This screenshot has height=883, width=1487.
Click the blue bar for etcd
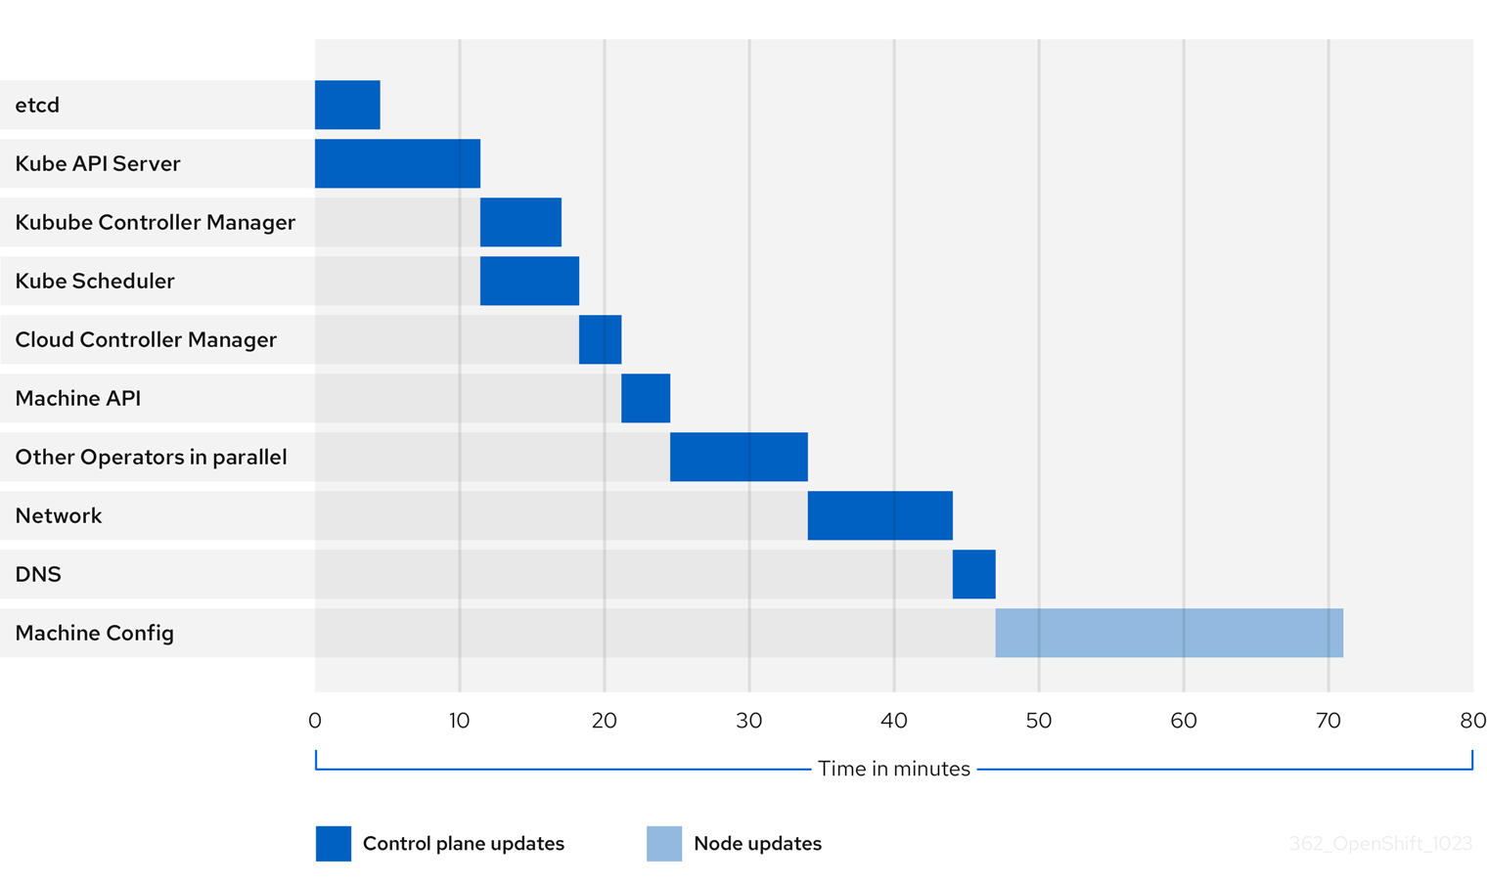point(347,105)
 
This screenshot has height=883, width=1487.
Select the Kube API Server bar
point(397,163)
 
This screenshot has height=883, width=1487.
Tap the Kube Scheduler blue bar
point(529,281)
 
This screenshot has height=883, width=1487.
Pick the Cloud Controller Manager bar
point(600,339)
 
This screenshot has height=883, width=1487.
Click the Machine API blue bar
point(646,398)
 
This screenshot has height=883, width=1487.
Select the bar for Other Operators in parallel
point(739,457)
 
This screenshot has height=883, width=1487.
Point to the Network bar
point(879,515)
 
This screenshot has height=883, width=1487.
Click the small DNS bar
point(973,574)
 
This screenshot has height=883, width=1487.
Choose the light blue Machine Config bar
point(1169,633)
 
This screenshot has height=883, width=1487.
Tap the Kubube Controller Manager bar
point(520,222)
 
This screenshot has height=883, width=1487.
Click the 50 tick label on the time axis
point(1039,722)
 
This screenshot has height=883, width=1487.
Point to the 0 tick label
point(314,722)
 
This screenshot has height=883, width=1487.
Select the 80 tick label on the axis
point(1472,722)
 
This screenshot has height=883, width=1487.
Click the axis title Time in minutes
point(894,770)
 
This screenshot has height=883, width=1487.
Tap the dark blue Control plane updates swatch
point(334,844)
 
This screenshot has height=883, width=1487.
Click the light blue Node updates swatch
point(664,844)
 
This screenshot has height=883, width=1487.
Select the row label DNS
point(38,575)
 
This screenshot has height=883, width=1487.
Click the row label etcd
point(37,106)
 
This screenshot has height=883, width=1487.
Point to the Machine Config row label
point(95,634)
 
